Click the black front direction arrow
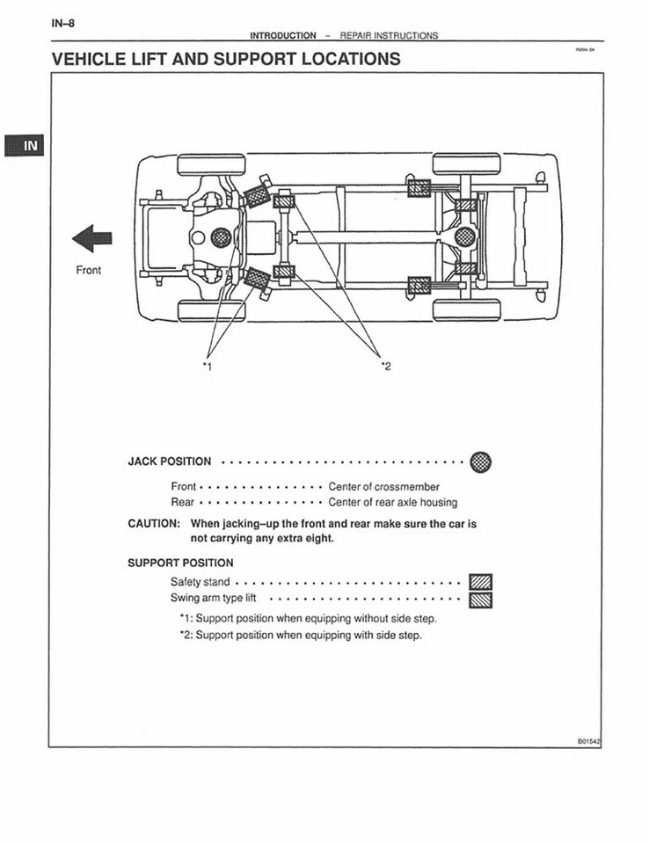(x=92, y=238)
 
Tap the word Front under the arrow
(x=88, y=270)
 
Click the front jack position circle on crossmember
(x=221, y=236)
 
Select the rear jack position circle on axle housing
(x=466, y=235)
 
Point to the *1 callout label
(x=207, y=366)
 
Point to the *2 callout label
(x=384, y=366)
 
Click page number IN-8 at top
(x=62, y=23)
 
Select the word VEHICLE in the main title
(x=97, y=60)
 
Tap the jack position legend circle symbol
(x=481, y=462)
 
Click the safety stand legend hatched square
(x=481, y=582)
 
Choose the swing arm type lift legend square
(x=481, y=600)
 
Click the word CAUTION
(x=154, y=523)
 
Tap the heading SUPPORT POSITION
(x=180, y=563)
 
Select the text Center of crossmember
(x=383, y=486)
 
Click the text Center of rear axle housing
(x=392, y=502)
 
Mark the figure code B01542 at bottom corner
(x=589, y=741)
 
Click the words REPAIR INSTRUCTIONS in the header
(x=388, y=36)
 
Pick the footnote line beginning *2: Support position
(x=300, y=635)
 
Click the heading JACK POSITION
(x=170, y=462)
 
